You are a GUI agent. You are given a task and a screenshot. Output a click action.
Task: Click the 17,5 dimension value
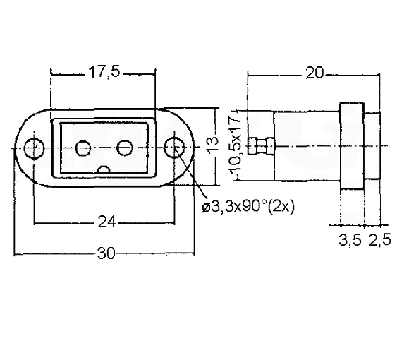point(104,72)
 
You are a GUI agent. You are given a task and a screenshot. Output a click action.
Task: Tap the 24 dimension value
point(106,222)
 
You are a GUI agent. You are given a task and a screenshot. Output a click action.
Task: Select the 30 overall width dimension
point(106,253)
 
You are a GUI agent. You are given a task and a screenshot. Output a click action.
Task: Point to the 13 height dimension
point(212,146)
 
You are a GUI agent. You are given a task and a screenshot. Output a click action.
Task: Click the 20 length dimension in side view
point(314,73)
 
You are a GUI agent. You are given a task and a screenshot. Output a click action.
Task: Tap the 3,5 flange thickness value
point(350,239)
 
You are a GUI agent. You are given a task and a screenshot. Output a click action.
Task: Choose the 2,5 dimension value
point(379,239)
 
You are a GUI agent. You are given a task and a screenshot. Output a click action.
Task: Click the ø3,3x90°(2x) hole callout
point(248,208)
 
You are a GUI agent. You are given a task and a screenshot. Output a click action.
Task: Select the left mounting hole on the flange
point(34,148)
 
